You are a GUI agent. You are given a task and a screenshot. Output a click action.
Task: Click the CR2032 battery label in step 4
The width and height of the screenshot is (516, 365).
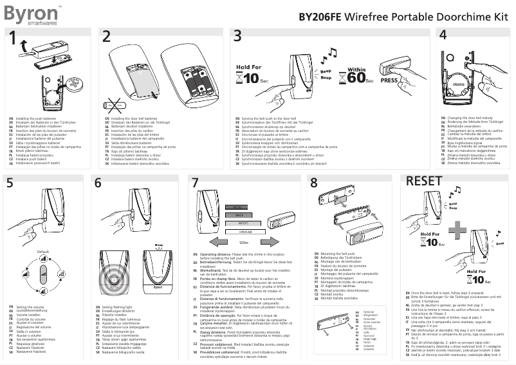coord(459,84)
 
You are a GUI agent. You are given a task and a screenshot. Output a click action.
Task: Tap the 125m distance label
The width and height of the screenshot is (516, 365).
coord(243,243)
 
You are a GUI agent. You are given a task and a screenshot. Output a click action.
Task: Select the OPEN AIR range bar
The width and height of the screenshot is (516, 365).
coord(243,230)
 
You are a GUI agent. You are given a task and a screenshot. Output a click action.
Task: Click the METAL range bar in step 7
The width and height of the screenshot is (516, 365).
coord(243,207)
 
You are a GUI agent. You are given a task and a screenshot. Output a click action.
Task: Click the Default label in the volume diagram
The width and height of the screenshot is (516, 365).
coord(43,250)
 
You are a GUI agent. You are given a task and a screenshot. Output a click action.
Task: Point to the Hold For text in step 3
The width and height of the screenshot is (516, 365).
coord(248,66)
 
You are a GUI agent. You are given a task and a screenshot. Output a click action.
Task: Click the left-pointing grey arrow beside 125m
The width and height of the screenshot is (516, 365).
coord(225,243)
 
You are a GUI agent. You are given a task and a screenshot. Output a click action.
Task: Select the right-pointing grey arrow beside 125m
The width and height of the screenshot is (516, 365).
coord(261,243)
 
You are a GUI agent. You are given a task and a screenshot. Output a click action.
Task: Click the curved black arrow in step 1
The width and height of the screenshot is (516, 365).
coord(24,44)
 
